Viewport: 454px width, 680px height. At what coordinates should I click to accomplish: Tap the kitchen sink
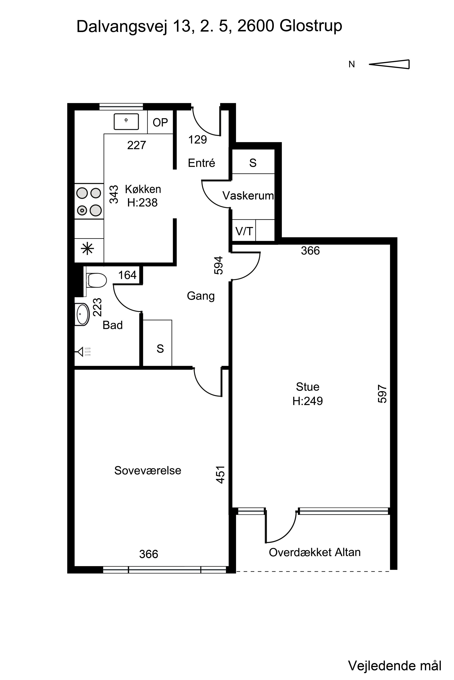[x=126, y=121]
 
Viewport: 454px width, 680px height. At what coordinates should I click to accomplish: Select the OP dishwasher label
[x=160, y=123]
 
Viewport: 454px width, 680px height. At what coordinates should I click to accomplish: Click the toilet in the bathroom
[x=96, y=280]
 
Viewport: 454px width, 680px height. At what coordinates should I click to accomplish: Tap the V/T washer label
[x=244, y=231]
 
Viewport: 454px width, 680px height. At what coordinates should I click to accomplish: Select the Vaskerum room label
[x=248, y=196]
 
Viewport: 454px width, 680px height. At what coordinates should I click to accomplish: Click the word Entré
[x=202, y=163]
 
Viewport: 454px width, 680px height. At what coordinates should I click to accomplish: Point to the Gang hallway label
[x=201, y=296]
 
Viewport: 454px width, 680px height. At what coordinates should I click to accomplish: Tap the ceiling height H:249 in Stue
[x=308, y=401]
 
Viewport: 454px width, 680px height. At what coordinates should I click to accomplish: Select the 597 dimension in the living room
[x=382, y=393]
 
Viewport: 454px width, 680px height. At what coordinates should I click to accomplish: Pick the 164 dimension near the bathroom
[x=127, y=275]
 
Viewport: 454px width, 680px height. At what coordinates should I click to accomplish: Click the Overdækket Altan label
[x=315, y=553]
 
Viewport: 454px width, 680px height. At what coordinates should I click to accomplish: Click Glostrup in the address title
[x=311, y=26]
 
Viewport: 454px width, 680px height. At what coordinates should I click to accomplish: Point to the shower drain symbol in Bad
[x=84, y=352]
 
